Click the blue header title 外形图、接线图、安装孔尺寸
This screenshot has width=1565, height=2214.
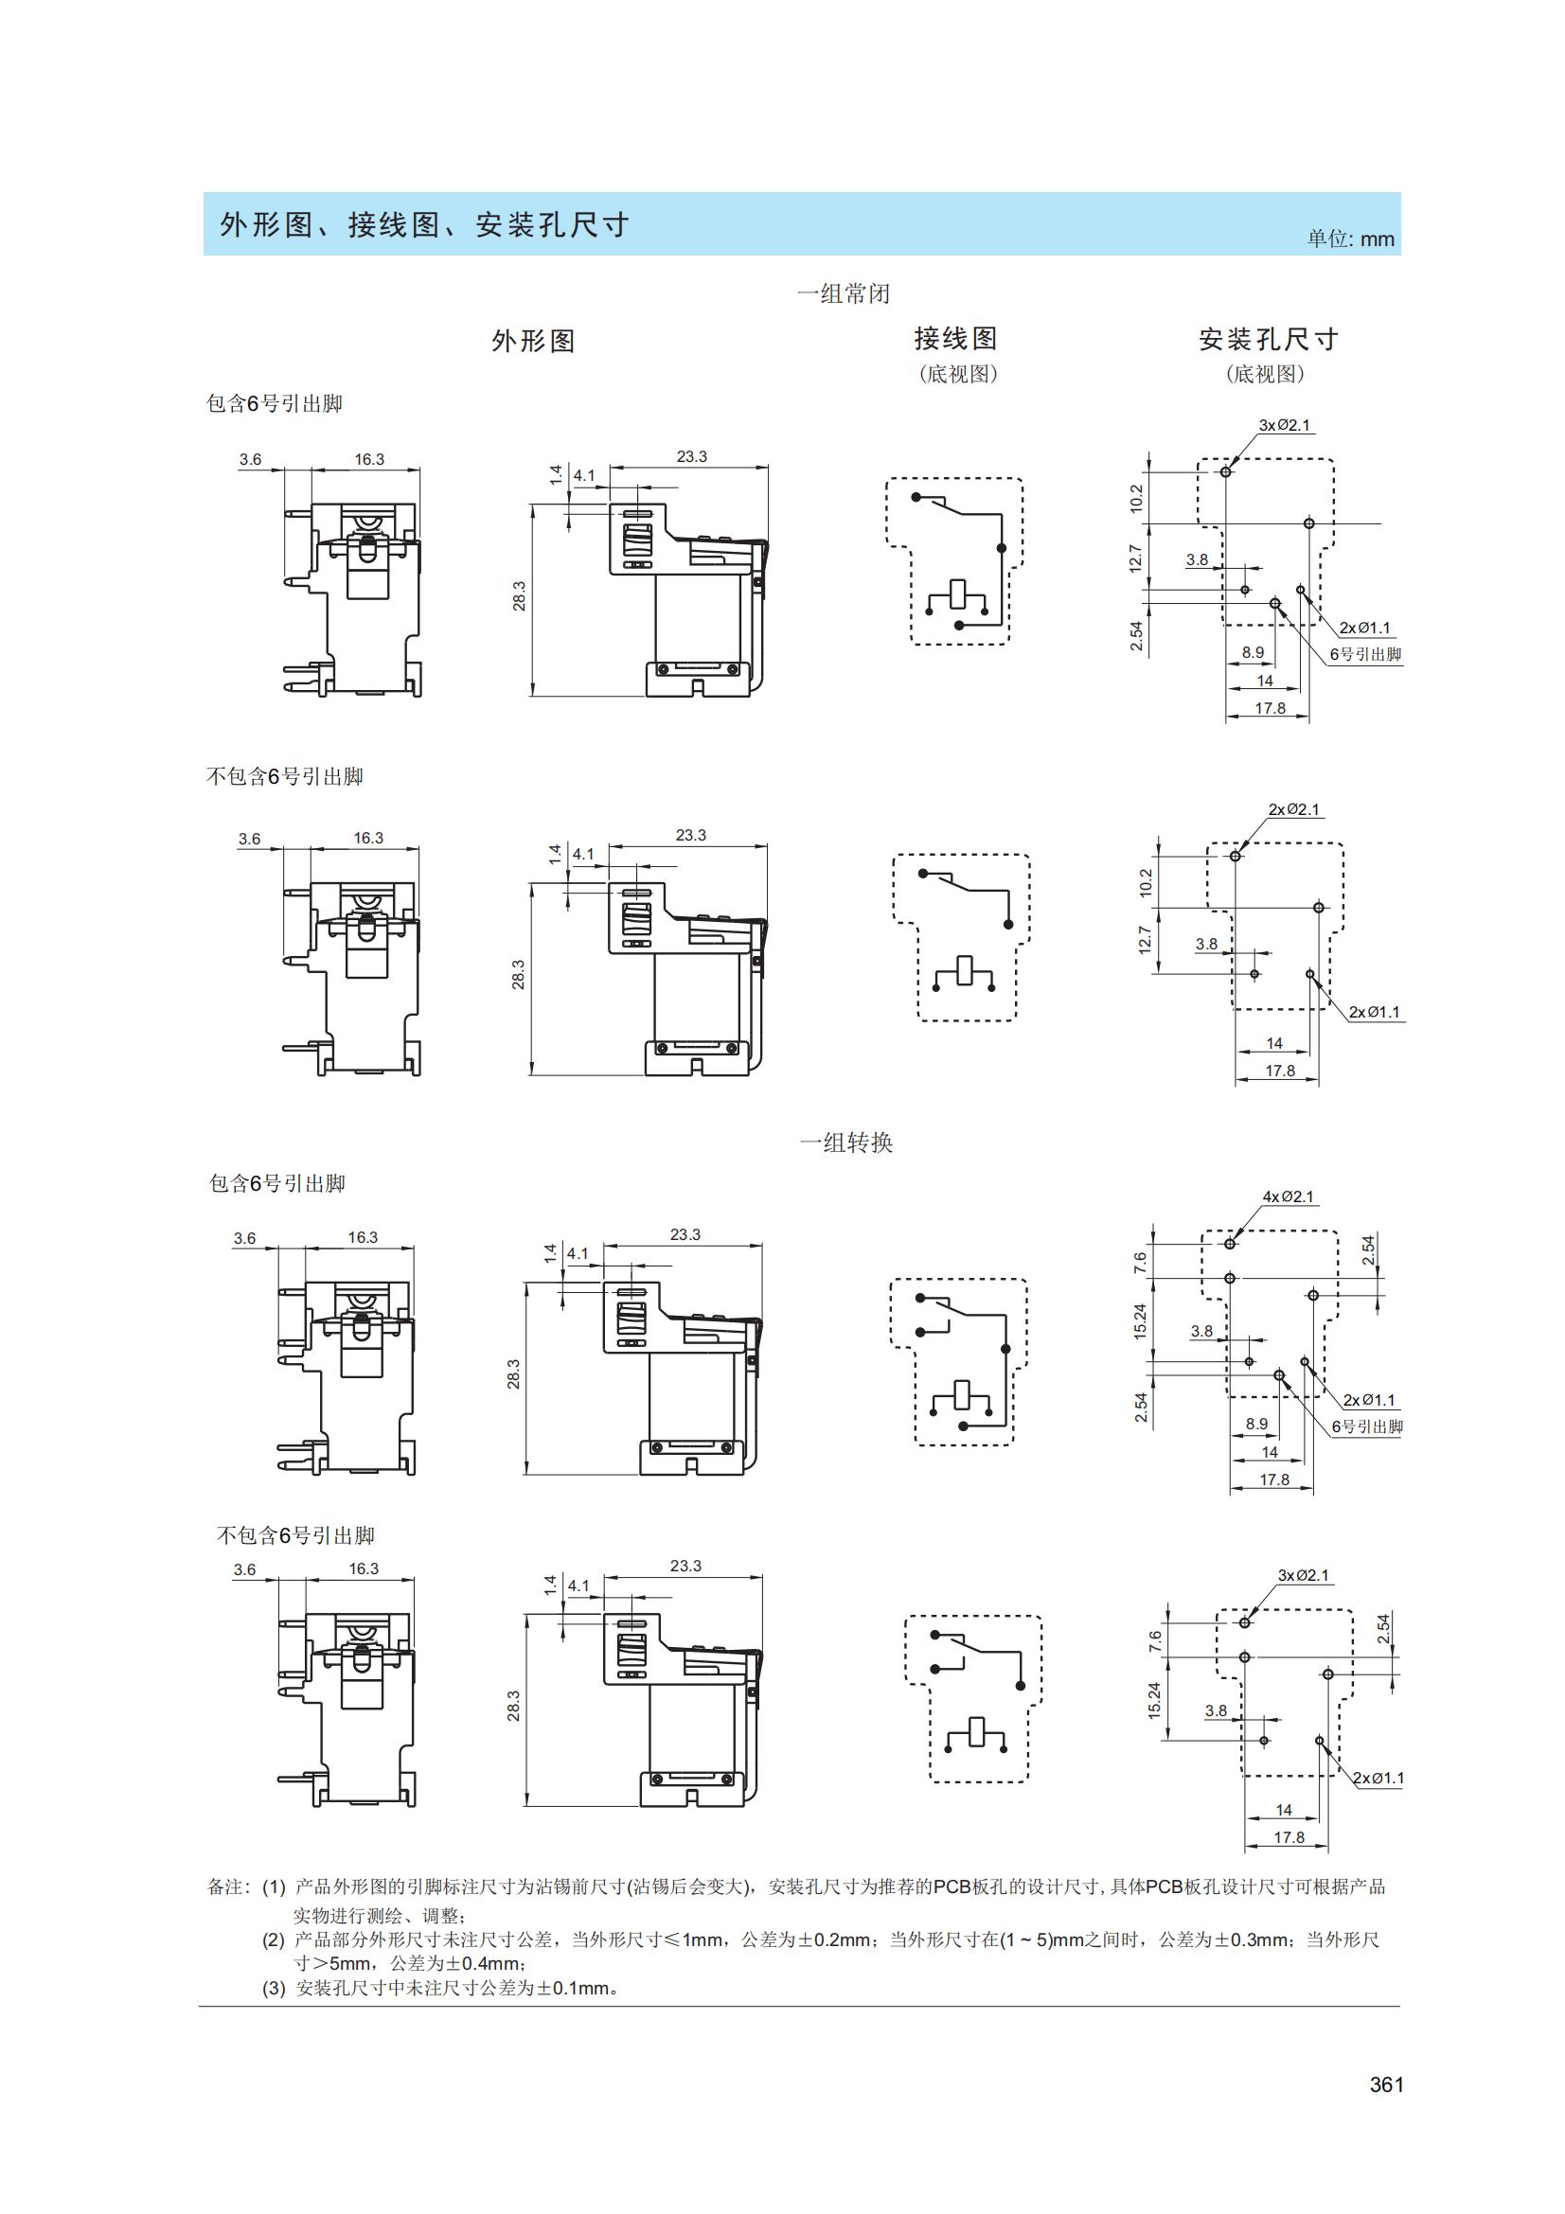424,224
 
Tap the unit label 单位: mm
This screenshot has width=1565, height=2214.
1350,239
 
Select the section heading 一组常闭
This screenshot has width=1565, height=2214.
843,293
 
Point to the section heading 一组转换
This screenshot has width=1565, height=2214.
845,1142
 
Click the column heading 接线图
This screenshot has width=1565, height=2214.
955,339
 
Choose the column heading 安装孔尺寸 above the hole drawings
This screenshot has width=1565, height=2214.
1268,340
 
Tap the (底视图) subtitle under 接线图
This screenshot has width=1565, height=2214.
956,374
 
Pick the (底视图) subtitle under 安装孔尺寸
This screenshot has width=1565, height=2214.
1265,374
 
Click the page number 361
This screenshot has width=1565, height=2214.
1386,2084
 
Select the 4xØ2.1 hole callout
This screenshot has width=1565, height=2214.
1289,1196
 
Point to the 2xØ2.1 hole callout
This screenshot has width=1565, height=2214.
1294,810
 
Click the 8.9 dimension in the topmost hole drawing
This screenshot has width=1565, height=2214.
1253,653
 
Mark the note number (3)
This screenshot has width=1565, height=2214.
274,1989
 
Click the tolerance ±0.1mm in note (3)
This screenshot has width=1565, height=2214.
570,1989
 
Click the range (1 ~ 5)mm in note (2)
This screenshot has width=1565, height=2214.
1042,1939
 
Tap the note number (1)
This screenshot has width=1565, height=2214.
274,1886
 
